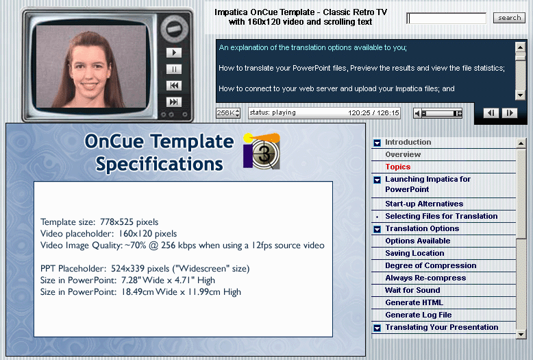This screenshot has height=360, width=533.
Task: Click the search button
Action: [509, 18]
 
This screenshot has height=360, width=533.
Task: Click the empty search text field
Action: [446, 18]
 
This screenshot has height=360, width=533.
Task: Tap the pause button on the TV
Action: [174, 69]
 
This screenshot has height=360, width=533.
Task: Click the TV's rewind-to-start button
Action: [174, 86]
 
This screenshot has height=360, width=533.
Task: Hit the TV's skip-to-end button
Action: [174, 101]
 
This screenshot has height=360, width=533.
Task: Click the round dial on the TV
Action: [174, 29]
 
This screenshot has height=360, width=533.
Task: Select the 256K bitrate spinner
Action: [228, 113]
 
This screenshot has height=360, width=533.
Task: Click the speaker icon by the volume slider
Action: [417, 113]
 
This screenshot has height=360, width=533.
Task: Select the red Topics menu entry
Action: [398, 167]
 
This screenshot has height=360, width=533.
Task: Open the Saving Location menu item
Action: [414, 253]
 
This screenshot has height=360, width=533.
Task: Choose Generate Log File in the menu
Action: [419, 315]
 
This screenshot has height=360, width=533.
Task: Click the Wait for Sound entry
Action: [412, 290]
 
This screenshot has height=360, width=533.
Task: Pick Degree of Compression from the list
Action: [431, 265]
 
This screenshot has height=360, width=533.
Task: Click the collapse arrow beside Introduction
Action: [377, 143]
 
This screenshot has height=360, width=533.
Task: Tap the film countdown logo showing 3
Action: [262, 152]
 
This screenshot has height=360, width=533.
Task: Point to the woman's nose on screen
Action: [89, 74]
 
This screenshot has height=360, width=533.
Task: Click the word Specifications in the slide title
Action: [159, 165]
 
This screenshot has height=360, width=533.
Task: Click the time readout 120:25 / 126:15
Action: [373, 113]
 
